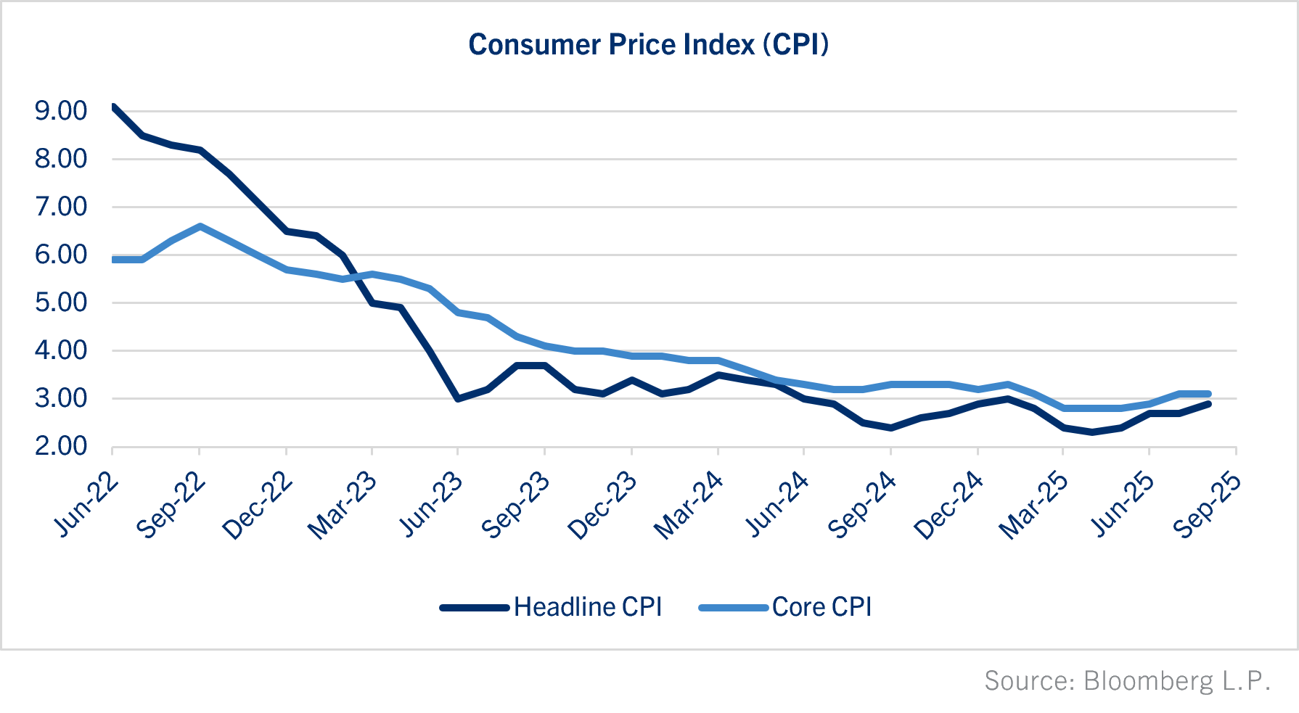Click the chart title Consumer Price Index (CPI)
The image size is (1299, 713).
click(x=648, y=45)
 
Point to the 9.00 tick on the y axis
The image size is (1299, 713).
click(x=61, y=111)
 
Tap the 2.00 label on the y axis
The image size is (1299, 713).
click(x=61, y=446)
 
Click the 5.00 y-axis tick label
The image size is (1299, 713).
click(x=61, y=302)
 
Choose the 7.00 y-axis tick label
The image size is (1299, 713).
click(x=61, y=207)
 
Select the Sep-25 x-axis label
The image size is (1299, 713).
click(x=1206, y=506)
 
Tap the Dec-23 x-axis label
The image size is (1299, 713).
click(x=602, y=506)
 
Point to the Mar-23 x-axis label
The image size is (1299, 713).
click(x=343, y=506)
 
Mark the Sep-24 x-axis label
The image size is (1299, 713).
click(x=861, y=506)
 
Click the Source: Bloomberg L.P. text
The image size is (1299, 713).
click(x=1127, y=681)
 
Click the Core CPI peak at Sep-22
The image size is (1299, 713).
click(x=200, y=226)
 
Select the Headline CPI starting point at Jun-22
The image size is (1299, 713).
click(x=113, y=107)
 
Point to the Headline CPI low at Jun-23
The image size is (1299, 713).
click(x=458, y=399)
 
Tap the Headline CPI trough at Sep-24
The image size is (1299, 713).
click(x=890, y=428)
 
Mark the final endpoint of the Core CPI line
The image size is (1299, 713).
click(x=1208, y=394)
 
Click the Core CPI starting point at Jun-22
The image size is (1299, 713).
click(x=114, y=260)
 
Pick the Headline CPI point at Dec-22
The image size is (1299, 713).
click(x=287, y=231)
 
